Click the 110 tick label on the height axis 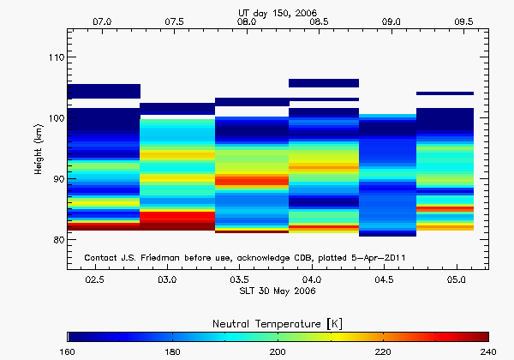[x=54, y=57]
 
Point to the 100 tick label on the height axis [x=54, y=118]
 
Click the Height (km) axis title [x=39, y=149]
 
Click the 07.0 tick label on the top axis [x=102, y=20]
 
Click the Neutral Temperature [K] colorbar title [x=278, y=321]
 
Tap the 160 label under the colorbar [x=67, y=351]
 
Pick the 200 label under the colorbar [x=278, y=351]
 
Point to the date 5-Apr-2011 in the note [x=376, y=258]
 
